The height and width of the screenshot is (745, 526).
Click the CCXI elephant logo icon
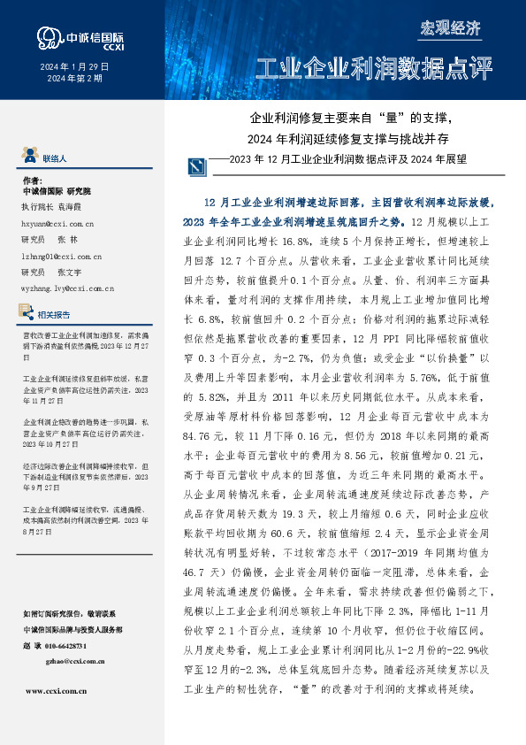(x=46, y=37)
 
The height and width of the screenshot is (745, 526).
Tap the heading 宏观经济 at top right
(x=449, y=27)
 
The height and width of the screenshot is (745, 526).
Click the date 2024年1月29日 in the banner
(x=75, y=66)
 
